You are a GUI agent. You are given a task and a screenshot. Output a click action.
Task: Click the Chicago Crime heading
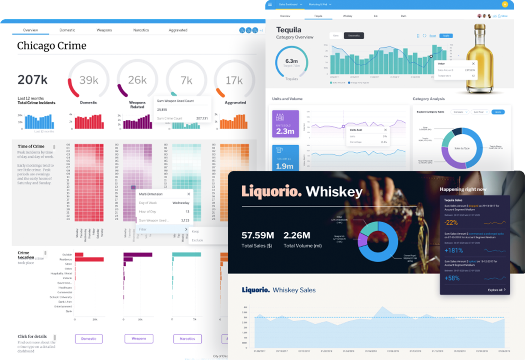(52, 46)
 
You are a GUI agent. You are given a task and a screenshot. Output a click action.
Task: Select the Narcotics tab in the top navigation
(141, 30)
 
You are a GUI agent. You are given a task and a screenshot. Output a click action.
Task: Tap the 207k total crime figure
(33, 80)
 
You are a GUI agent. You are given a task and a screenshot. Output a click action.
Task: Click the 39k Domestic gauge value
(89, 80)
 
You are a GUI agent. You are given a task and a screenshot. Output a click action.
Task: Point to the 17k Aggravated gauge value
(234, 80)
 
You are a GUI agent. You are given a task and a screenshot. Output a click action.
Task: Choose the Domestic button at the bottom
(89, 339)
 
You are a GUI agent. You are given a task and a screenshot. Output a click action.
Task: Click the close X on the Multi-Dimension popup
(189, 194)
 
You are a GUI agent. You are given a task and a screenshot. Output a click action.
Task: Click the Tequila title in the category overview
(288, 30)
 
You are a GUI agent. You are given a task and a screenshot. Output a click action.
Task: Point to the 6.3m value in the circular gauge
(291, 61)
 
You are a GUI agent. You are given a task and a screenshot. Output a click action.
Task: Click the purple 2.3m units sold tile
(285, 124)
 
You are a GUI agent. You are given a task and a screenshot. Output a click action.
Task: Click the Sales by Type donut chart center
(462, 148)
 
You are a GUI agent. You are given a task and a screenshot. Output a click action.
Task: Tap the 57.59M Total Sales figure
(258, 235)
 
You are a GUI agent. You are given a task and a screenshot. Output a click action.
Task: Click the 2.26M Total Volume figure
(297, 235)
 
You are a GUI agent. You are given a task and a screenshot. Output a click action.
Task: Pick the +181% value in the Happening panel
(453, 250)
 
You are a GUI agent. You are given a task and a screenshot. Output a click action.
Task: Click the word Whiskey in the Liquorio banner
(334, 191)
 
